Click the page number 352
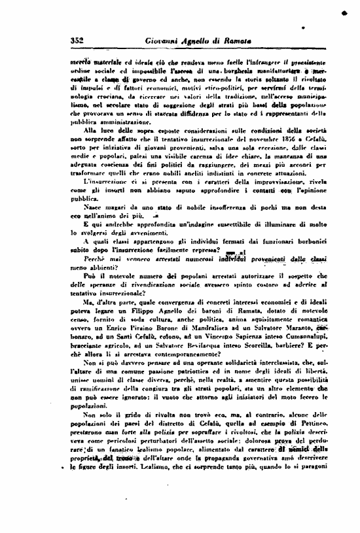click(x=80, y=41)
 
